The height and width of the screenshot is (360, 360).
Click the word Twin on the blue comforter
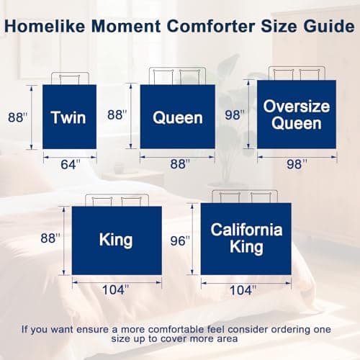(x=69, y=117)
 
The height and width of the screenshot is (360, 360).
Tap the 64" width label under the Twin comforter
(x=69, y=164)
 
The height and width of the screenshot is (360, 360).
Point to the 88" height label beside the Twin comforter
(x=17, y=116)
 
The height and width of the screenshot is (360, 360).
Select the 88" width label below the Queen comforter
(x=176, y=164)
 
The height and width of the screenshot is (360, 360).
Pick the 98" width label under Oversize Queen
(x=296, y=164)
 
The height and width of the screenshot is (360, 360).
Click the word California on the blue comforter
(x=246, y=230)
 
